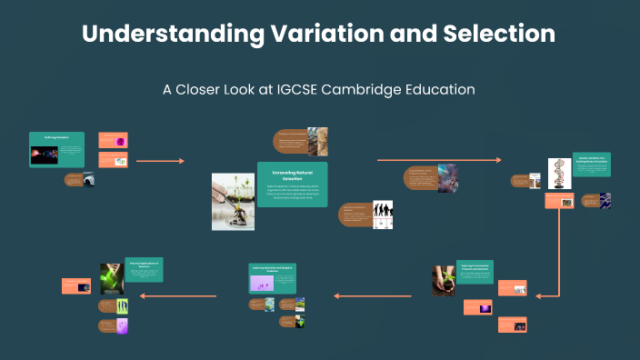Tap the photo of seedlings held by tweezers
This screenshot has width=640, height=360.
tap(233, 201)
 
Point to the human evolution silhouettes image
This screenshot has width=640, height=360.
tap(383, 215)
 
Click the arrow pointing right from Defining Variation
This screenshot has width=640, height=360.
tap(160, 161)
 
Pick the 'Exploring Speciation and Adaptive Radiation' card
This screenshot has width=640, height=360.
tap(273, 277)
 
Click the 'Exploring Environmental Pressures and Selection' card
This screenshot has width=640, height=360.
tap(475, 278)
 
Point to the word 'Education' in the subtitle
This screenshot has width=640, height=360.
tap(436, 90)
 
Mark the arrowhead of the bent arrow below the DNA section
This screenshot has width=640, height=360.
tap(539, 295)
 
